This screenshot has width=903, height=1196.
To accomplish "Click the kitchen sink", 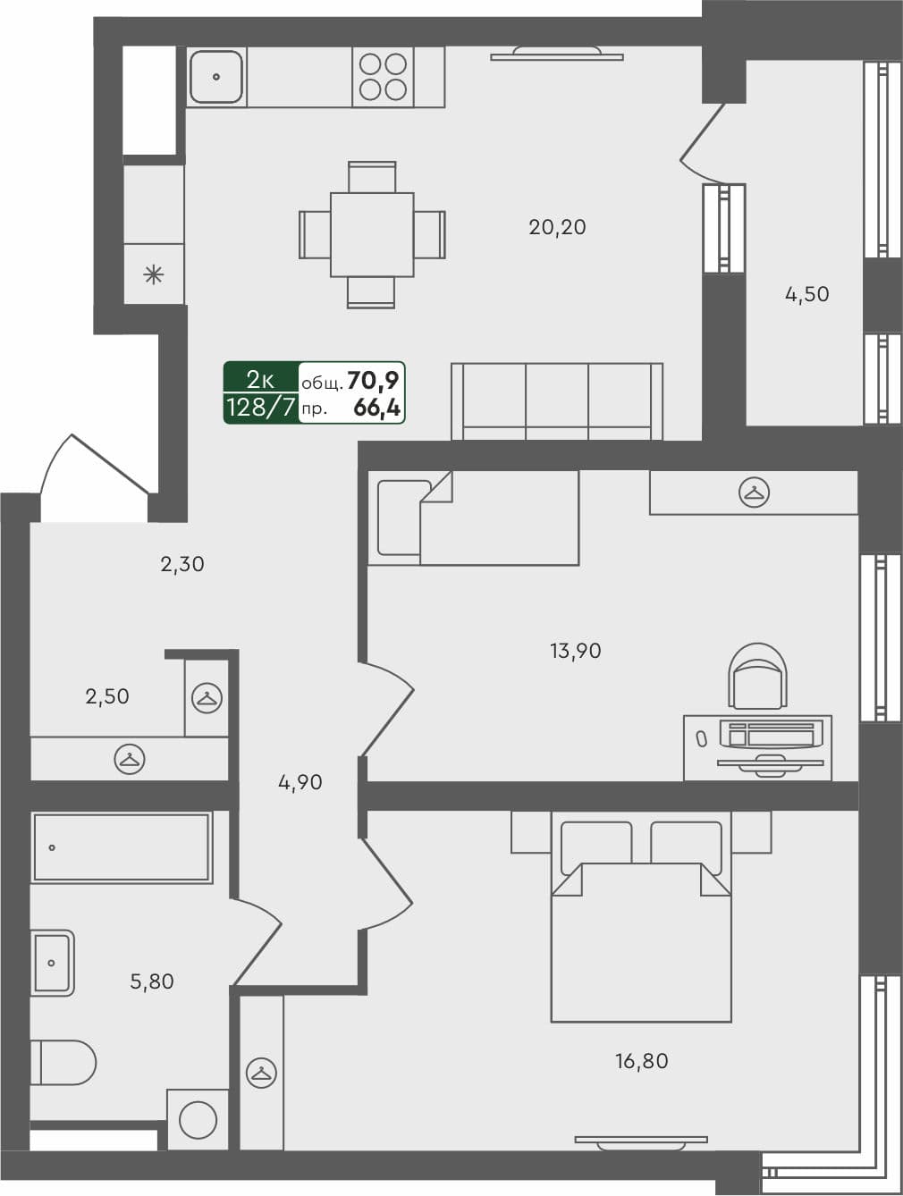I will pos(216,77).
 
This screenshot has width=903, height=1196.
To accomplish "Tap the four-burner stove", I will pos(383,77).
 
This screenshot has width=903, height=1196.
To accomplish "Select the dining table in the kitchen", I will pos(371,234).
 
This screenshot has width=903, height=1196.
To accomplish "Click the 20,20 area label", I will pos(557,227).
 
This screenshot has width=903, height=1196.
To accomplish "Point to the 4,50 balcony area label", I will pos(806,294).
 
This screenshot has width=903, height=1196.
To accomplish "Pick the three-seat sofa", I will pos(557,401).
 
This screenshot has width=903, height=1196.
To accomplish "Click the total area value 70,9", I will pos(373,381).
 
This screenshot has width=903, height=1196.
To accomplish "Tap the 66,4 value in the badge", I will pos(377,409).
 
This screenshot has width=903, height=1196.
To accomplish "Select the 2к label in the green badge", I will pos(260,378).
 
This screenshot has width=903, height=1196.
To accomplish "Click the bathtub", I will pos(122,847).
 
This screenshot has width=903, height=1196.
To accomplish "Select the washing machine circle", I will pos(198,1120).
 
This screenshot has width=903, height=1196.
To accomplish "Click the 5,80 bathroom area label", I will pos(152,981).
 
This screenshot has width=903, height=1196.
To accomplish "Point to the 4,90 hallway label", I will pos(300,783).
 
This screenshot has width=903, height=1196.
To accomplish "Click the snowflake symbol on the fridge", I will pos(154,274).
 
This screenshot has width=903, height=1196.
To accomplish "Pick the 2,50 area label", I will pos(107,696).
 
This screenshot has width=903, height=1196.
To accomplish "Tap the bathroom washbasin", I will pos(53,963).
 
